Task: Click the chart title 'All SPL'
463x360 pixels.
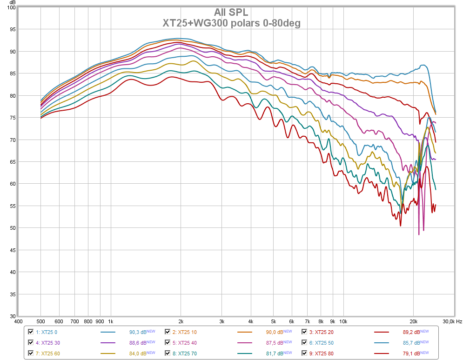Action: (x=231, y=13)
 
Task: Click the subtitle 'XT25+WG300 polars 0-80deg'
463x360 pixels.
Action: (x=232, y=23)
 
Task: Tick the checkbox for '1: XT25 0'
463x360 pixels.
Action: (x=31, y=332)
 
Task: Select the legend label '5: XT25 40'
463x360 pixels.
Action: (x=185, y=343)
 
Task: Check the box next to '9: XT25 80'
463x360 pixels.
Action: (x=304, y=353)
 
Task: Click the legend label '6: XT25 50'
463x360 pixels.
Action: (x=321, y=343)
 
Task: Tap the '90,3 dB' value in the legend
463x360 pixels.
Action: (x=138, y=332)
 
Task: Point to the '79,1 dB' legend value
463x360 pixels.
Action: (x=411, y=353)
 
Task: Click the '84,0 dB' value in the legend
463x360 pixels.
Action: (x=138, y=353)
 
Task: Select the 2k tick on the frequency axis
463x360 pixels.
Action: (x=181, y=322)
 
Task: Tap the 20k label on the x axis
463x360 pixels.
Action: (x=413, y=322)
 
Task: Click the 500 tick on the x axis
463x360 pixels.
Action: (x=40, y=322)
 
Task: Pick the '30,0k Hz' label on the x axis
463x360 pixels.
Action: (x=452, y=322)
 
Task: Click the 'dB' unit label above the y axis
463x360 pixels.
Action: (x=13, y=3)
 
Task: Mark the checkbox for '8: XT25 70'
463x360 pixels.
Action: (x=168, y=353)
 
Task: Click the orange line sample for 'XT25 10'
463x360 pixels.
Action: (x=244, y=332)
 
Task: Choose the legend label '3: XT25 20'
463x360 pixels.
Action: (x=321, y=332)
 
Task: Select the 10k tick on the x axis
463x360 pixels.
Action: (x=343, y=322)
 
